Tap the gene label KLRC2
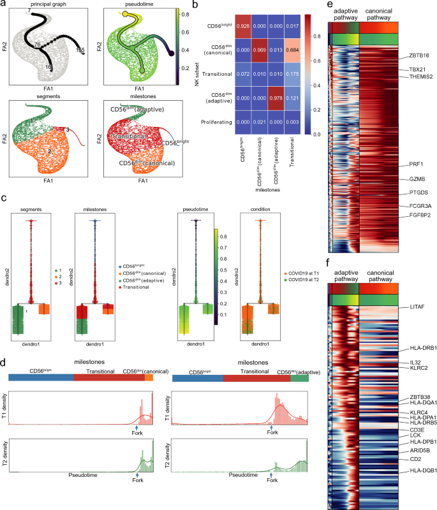click(408, 368)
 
